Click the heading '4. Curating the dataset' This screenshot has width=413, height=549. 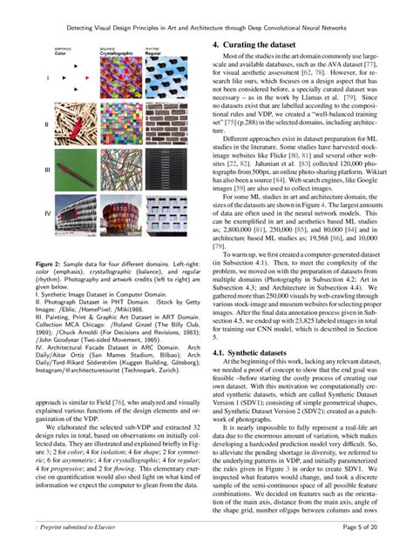253,44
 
